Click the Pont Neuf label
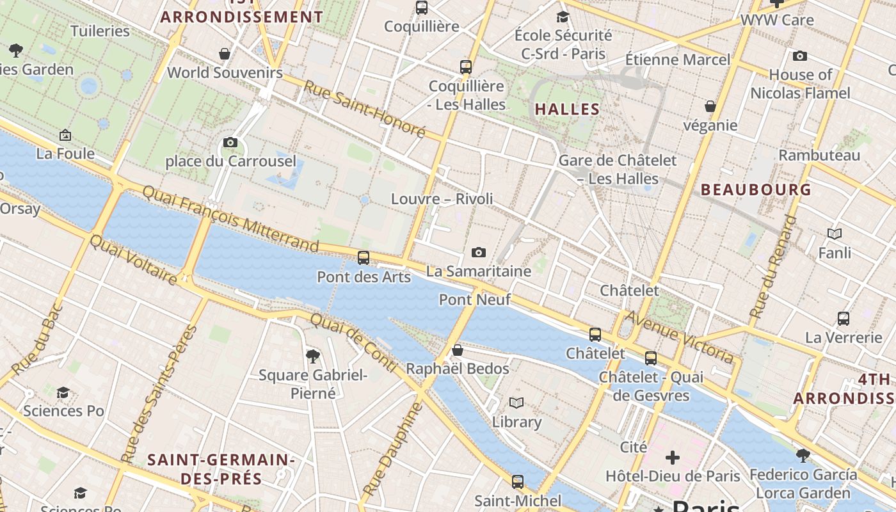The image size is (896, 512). coord(474,300)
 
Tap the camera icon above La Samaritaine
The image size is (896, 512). coord(478,252)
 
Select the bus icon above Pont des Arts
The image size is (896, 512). coord(364,258)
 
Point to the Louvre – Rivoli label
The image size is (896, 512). coord(442,199)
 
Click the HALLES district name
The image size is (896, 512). coord(567,109)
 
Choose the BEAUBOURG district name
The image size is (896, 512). coord(756,189)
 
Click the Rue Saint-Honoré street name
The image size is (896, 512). coord(364,109)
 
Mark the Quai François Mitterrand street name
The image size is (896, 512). coord(230,218)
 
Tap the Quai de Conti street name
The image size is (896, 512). coord(354,342)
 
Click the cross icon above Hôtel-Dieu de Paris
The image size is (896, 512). coord(672,458)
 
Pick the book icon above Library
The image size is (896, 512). coord(516,403)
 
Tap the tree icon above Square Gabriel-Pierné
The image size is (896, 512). coord(312,356)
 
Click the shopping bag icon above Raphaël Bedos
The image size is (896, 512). coord(457,350)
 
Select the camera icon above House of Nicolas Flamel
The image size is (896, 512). coord(799,56)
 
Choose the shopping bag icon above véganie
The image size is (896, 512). coord(710,106)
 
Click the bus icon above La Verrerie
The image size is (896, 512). coord(844,318)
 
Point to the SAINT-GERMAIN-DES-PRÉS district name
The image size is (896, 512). coord(221,469)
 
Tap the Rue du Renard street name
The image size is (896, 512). coord(774,267)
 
